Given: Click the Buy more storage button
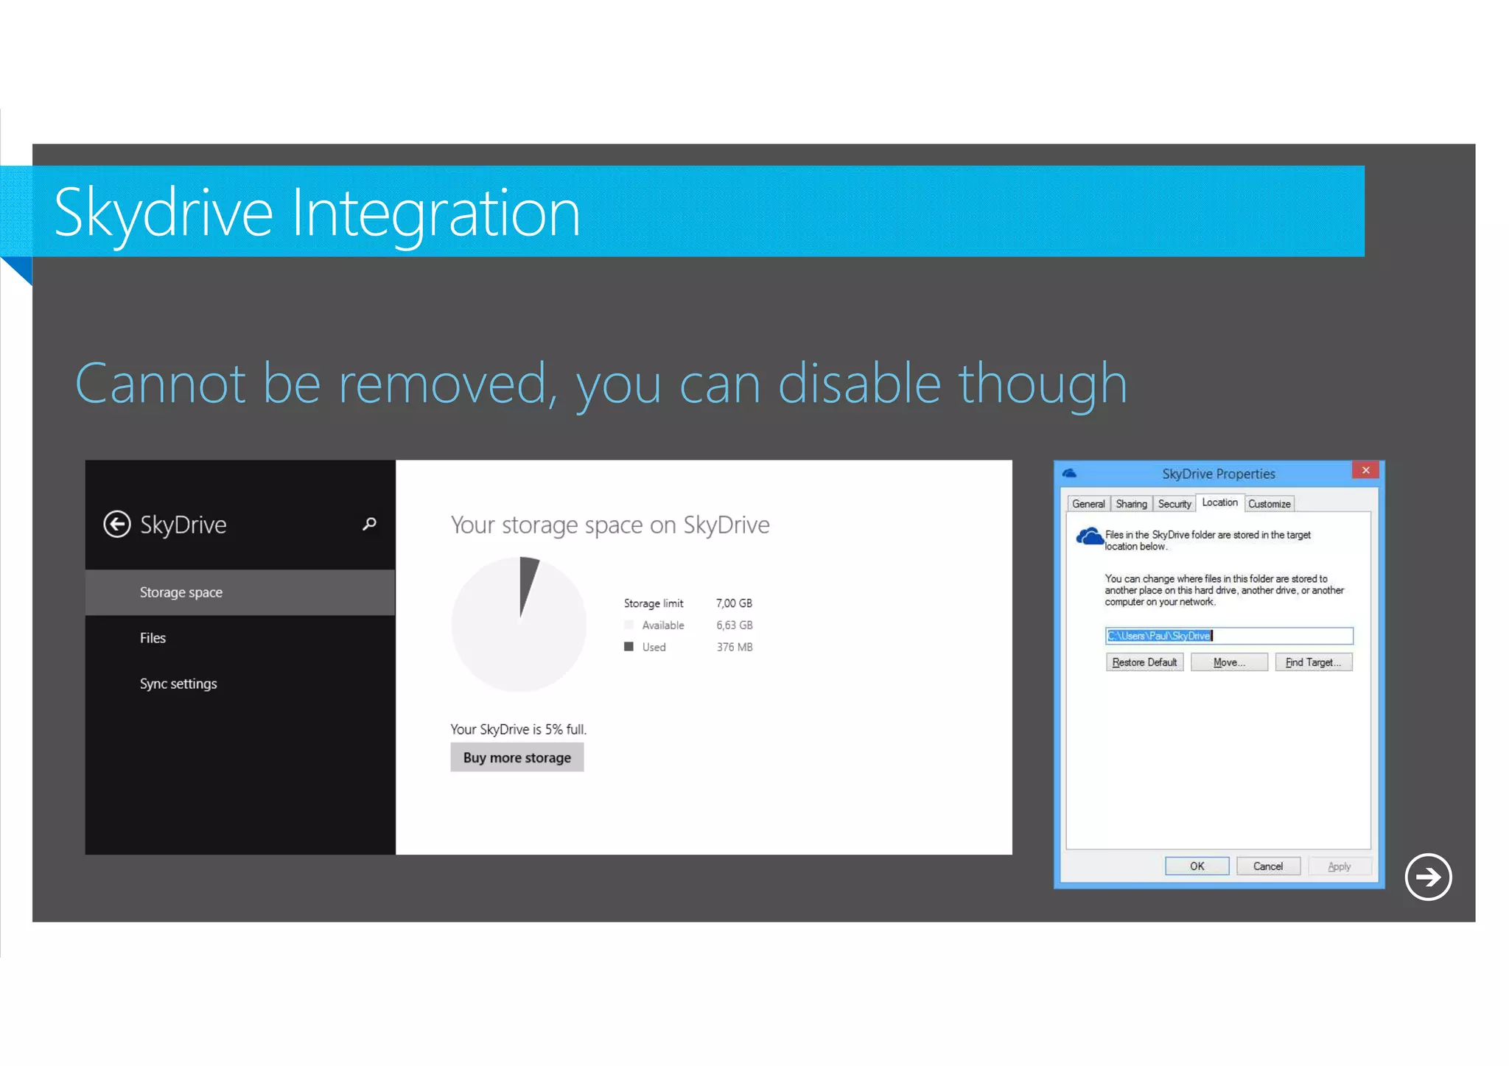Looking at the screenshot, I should pos(517,757).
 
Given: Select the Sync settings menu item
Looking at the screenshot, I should pos(178,684).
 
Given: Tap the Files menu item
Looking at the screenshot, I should pos(153,638).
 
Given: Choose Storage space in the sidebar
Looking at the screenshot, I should pos(181,592).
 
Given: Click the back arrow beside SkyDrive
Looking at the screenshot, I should pos(117,525).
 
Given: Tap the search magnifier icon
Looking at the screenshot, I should pos(369,524).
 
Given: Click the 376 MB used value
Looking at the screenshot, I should pos(735,647).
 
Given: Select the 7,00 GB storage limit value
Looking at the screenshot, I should pos(734,603).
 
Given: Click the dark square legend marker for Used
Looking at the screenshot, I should pos(629,646).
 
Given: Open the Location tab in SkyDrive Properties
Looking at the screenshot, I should pos(1219,502).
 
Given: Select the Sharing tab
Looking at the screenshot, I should pos(1131,504).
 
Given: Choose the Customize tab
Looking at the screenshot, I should pos(1269,504).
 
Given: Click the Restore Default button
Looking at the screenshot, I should pos(1144,662).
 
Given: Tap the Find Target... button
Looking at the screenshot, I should pos(1313,662).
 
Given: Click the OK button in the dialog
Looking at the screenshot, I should pos(1197,866).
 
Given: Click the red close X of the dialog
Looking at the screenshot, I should pos(1365,470).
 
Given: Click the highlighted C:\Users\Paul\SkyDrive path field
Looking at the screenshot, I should pos(1228,636).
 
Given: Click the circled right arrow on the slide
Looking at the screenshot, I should pos(1428,877).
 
